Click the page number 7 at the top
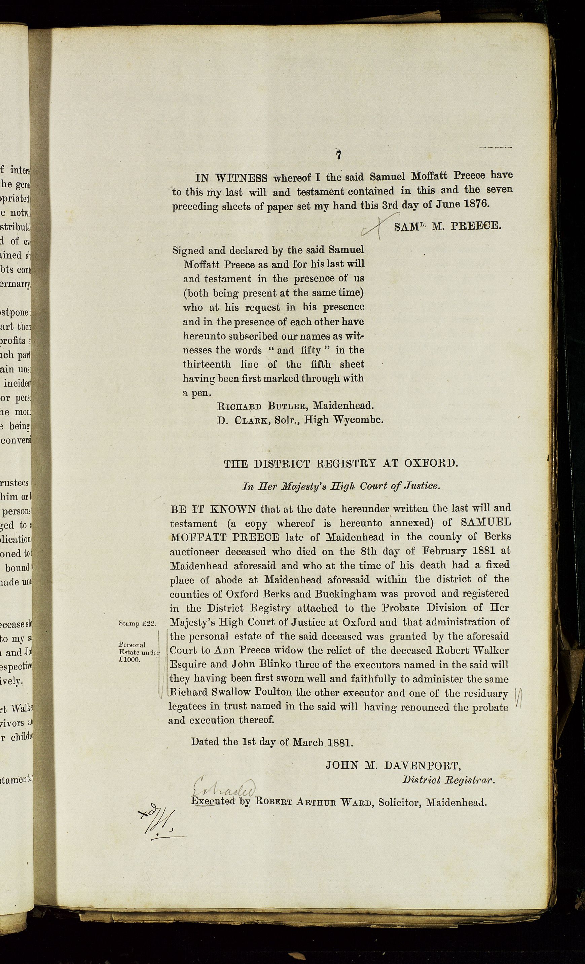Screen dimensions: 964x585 pos(338,155)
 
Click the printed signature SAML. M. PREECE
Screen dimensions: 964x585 pos(447,227)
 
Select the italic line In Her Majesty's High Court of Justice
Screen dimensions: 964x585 pos(341,486)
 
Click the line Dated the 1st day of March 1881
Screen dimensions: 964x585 pos(272,742)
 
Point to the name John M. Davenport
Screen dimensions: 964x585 pos(393,766)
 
